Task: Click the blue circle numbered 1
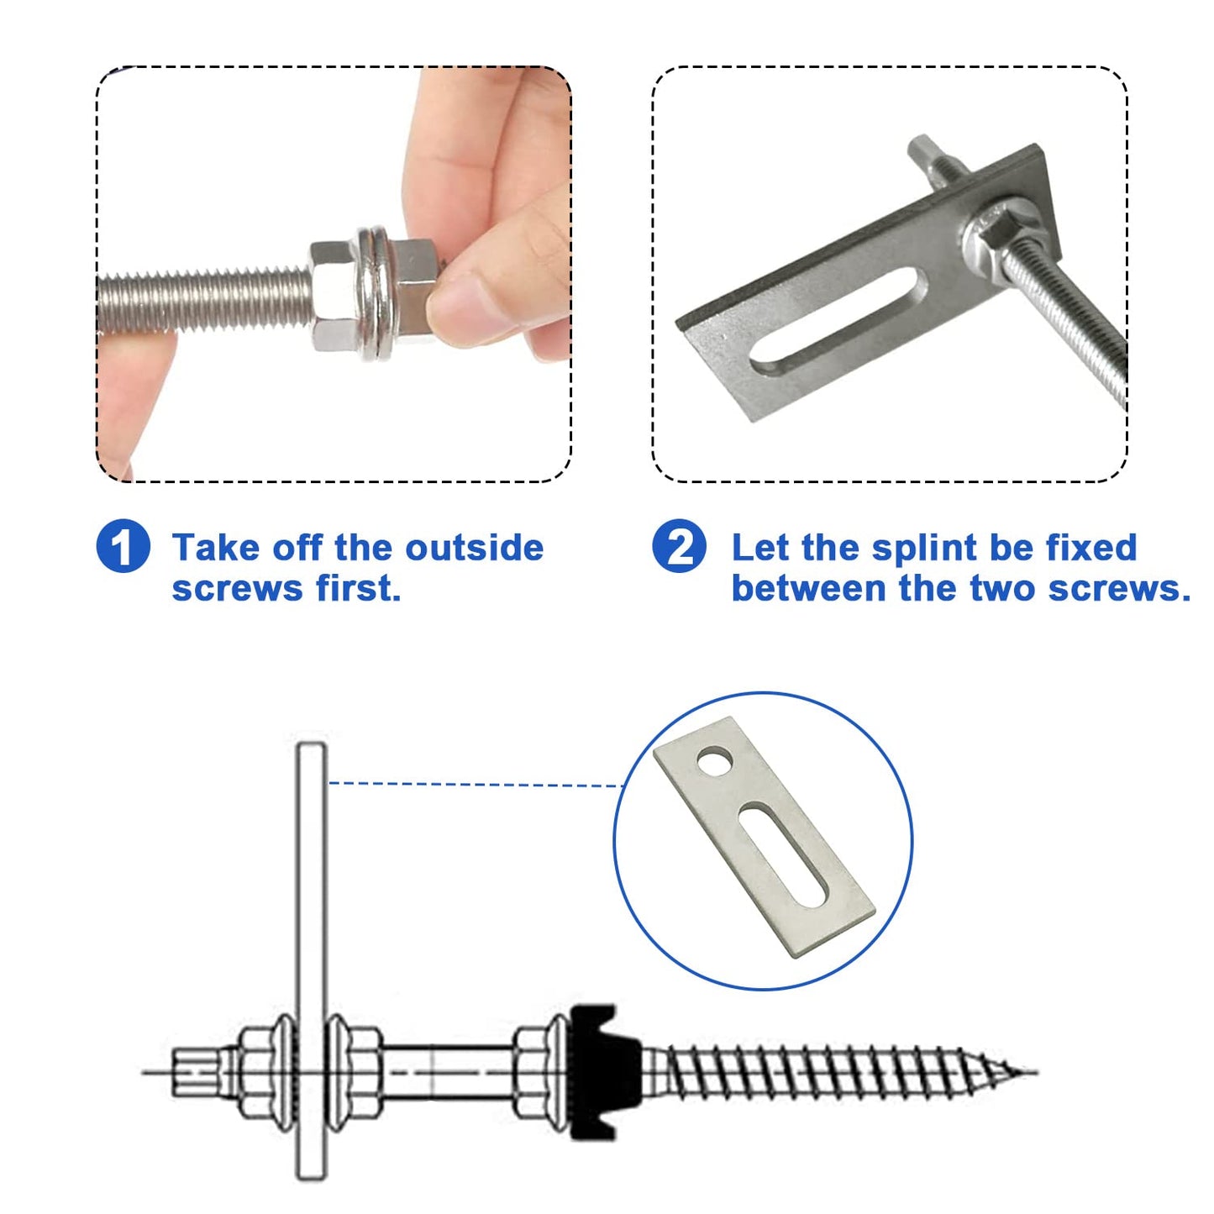tap(123, 546)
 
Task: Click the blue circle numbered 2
tap(679, 546)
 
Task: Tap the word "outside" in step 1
tap(474, 547)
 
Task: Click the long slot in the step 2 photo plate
tap(838, 317)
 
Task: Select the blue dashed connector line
tap(476, 785)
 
